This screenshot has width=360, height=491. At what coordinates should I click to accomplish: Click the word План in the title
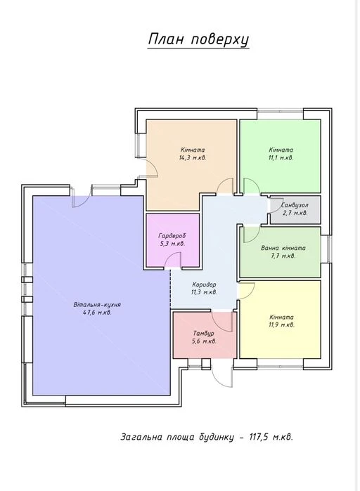[166, 39]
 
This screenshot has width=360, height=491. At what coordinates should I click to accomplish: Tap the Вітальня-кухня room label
[97, 304]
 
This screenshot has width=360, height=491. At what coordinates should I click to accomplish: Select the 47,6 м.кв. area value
[97, 312]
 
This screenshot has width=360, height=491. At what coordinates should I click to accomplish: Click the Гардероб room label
[172, 235]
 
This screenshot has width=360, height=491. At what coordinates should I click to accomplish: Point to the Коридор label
[204, 284]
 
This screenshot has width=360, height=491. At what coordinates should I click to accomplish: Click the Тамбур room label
[204, 334]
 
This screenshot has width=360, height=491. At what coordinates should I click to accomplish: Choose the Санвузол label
[295, 205]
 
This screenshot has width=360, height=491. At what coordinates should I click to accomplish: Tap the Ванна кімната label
[283, 248]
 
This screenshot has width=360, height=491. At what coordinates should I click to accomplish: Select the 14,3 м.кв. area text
[193, 157]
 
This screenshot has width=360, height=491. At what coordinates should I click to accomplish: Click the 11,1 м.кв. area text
[281, 157]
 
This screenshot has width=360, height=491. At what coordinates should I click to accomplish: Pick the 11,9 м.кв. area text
[281, 325]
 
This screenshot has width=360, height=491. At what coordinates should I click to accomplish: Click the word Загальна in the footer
[141, 437]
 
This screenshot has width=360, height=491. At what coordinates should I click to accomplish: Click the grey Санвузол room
[295, 210]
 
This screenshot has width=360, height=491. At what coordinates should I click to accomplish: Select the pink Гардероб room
[173, 240]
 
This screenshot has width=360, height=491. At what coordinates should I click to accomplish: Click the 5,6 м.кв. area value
[204, 341]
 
